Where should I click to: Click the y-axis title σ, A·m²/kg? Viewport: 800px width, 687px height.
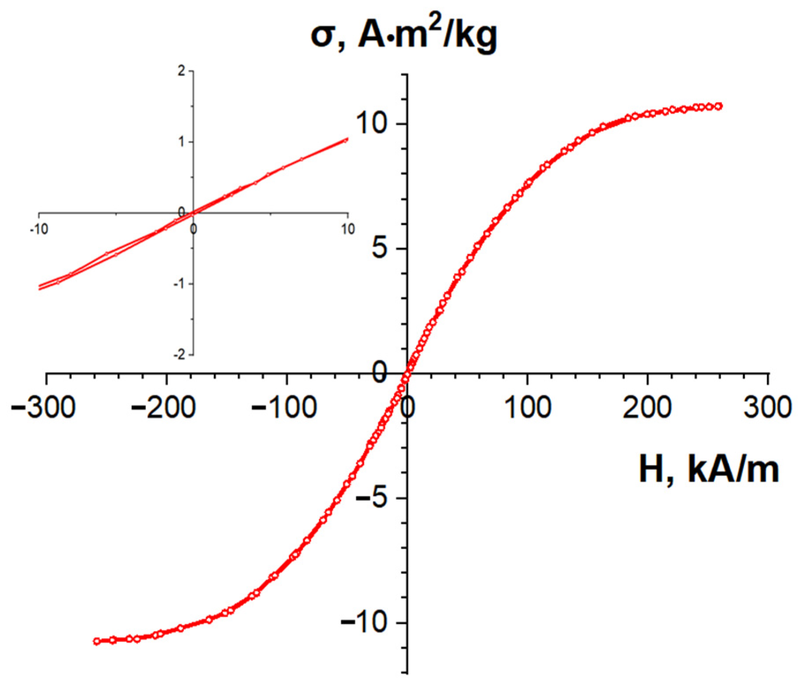[x=404, y=35]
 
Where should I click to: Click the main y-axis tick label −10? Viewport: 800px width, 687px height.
[x=364, y=623]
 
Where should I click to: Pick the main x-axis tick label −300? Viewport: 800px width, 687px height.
[x=43, y=407]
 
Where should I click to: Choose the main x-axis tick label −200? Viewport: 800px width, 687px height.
[x=163, y=407]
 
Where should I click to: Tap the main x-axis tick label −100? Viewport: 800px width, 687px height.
[x=284, y=407]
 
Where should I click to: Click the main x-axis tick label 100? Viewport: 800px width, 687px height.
[x=527, y=407]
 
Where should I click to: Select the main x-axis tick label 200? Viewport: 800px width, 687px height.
[x=647, y=407]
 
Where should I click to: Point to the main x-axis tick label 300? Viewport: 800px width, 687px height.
[x=767, y=407]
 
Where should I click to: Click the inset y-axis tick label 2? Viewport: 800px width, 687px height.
[x=181, y=71]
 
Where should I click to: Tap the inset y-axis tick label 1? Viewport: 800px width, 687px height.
[x=181, y=142]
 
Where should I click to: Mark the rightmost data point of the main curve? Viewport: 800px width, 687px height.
[x=719, y=106]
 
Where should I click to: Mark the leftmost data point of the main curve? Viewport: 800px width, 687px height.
[x=97, y=642]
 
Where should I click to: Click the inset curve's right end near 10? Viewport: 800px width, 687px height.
[x=347, y=140]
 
